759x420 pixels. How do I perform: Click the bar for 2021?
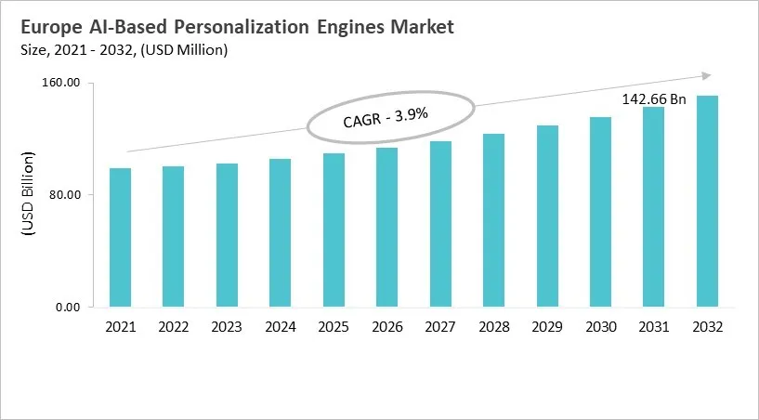(x=120, y=238)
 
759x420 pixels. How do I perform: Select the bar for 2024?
(x=280, y=233)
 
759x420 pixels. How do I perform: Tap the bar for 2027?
(x=440, y=224)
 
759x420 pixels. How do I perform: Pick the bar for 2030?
(x=600, y=212)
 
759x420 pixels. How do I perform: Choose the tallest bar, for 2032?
(x=707, y=202)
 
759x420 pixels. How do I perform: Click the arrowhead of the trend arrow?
(x=707, y=76)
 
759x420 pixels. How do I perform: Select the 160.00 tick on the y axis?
(x=62, y=84)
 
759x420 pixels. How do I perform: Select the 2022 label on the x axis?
(x=173, y=328)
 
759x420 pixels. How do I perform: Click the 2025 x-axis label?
(x=334, y=328)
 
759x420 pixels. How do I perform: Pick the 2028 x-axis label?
(x=493, y=328)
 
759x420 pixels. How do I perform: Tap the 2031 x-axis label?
(x=653, y=328)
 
